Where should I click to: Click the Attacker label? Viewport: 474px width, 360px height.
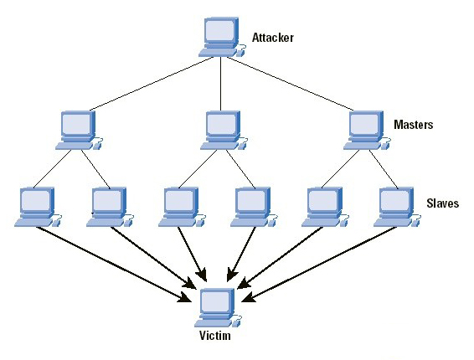point(273,38)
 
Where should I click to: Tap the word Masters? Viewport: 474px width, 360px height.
point(413,125)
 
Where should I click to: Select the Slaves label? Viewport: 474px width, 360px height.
point(442,203)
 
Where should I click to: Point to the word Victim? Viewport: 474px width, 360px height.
point(215,336)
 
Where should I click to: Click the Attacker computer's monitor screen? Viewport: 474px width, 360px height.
point(220,31)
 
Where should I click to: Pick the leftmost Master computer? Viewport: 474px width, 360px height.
point(80,131)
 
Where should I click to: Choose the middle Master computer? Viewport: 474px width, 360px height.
point(224,131)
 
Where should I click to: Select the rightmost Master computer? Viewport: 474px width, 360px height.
point(367,131)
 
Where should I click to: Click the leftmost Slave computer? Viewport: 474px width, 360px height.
point(38,207)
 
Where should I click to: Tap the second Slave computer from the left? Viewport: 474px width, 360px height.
point(110,207)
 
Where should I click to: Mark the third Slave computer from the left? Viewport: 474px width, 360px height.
point(182,207)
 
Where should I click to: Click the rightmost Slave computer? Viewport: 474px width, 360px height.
point(397,207)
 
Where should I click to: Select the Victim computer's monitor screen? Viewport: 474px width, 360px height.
point(216,301)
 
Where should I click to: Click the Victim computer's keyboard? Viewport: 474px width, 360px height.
point(213,323)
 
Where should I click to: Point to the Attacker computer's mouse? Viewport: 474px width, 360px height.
point(240,53)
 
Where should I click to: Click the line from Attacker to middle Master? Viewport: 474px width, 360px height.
point(221,84)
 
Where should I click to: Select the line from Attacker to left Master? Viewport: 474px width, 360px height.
point(152,84)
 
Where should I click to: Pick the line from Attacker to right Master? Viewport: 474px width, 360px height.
point(291,84)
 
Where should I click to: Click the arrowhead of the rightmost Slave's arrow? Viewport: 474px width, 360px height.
point(249,298)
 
